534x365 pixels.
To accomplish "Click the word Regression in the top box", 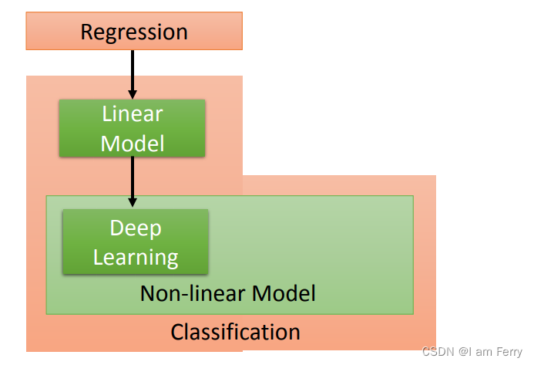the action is [x=134, y=33].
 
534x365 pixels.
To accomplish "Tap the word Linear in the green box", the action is [x=133, y=113].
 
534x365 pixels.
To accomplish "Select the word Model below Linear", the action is [x=133, y=144].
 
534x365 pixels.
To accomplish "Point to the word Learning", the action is [x=136, y=258].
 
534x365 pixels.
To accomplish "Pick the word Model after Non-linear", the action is [x=284, y=293].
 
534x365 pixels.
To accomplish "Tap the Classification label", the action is [x=235, y=332].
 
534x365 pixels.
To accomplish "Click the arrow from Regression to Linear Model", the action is [x=133, y=75].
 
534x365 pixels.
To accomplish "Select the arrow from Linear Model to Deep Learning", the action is [x=133, y=182].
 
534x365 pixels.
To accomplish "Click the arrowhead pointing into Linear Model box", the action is [x=133, y=94].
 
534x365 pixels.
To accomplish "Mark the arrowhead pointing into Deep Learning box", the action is [x=133, y=202].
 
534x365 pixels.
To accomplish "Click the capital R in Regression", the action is [x=87, y=32].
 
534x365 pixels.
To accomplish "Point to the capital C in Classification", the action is [x=176, y=333].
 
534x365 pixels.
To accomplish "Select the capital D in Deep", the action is [x=117, y=228].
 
